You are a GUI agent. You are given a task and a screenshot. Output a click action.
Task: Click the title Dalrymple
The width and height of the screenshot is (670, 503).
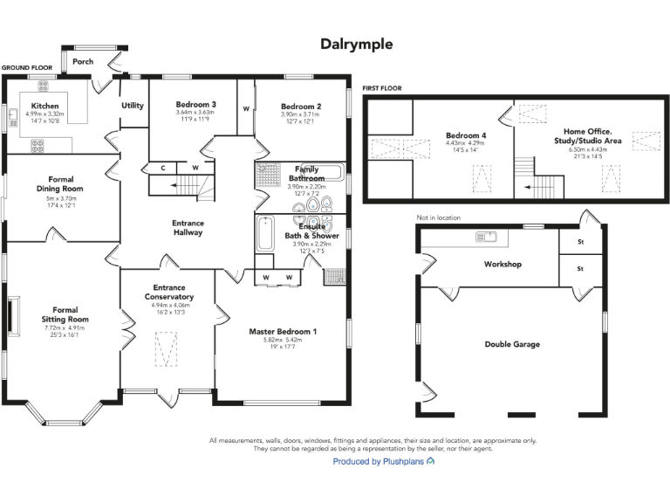356,44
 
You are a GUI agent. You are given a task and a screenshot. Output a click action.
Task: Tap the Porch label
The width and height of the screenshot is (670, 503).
83,62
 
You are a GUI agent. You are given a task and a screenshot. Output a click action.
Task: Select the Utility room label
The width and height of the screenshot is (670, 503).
133,106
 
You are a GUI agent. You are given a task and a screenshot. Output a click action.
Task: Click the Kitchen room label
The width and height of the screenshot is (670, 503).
44,106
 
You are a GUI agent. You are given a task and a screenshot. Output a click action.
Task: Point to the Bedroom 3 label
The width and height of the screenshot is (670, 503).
195,105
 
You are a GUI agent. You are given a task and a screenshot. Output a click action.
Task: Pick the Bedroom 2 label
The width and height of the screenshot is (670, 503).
300,107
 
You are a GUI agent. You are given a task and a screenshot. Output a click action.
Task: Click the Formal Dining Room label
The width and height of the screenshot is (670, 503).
60,184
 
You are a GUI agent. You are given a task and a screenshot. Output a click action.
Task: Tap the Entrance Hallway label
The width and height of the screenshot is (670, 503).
188,227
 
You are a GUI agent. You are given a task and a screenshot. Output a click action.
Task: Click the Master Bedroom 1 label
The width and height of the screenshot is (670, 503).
283,332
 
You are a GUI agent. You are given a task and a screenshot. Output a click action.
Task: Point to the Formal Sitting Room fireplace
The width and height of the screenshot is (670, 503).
13,316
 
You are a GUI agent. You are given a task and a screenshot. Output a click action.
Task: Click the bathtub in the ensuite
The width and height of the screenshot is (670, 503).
264,233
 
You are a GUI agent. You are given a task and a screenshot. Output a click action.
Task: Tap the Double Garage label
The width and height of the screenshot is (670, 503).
512,344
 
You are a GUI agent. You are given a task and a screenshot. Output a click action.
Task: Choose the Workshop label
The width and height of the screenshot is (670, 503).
502,264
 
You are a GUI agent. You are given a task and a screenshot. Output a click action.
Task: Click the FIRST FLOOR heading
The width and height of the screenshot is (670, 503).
381,88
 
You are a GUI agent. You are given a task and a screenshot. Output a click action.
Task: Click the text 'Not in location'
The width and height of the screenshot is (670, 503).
439,217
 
